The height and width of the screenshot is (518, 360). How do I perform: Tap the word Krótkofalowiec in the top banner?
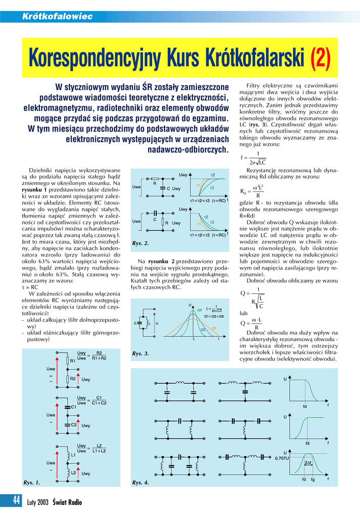point(57,17)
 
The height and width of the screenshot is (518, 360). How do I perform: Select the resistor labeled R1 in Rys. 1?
point(68,361)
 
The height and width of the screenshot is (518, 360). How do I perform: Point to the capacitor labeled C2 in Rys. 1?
point(68,424)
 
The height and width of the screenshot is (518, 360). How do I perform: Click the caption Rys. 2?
point(141,244)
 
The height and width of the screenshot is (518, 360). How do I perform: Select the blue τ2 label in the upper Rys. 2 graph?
point(213,175)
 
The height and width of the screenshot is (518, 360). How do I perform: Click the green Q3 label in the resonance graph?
point(199,310)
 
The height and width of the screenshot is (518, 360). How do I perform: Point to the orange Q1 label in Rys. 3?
point(214,328)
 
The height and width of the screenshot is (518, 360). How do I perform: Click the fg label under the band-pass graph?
point(313,479)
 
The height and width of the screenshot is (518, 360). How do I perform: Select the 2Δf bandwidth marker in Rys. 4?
point(308,463)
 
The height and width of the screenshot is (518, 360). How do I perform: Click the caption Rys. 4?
point(141,483)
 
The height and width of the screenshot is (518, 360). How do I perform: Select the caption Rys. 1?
point(32,483)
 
